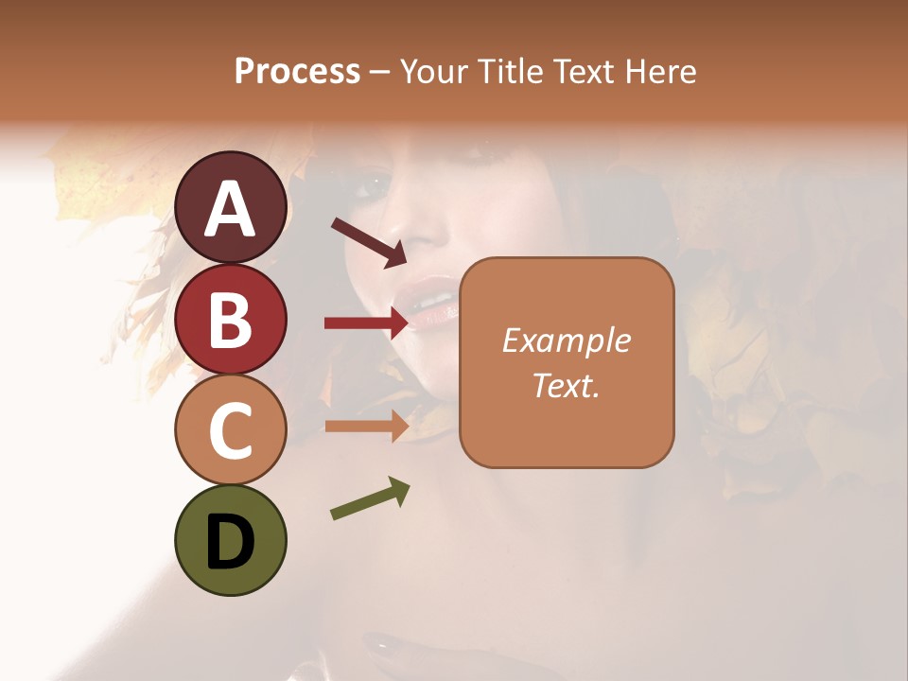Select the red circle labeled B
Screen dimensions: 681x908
point(230,320)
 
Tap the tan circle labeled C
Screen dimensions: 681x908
point(230,429)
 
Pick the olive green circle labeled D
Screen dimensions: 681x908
point(230,540)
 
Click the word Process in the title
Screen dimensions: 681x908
point(297,71)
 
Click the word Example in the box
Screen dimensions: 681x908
point(567,340)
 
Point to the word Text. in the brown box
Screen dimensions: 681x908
point(567,385)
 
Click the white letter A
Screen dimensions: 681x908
point(230,209)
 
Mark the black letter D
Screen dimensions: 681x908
point(230,542)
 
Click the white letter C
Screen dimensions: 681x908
point(230,431)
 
